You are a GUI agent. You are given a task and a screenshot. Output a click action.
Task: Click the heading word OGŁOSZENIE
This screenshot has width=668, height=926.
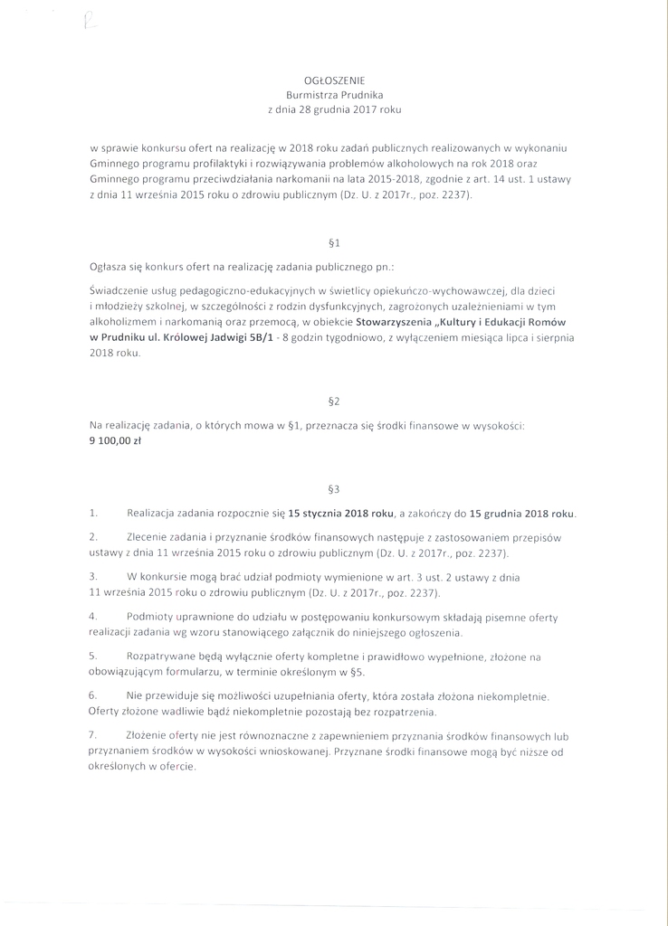point(334,80)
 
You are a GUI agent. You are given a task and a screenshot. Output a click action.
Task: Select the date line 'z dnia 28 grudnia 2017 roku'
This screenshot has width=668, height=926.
point(334,109)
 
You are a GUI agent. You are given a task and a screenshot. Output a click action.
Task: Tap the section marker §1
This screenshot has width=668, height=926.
point(333,243)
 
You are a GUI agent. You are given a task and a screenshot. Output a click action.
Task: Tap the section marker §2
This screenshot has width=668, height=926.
point(333,401)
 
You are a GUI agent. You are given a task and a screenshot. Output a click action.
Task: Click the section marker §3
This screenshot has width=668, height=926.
point(333,489)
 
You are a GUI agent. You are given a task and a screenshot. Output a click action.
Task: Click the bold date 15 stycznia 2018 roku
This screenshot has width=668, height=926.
point(341,513)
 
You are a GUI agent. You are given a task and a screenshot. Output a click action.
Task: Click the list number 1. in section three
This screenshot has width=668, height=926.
point(93,513)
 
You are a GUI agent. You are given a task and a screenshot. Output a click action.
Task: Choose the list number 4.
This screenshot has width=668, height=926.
point(93,616)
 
